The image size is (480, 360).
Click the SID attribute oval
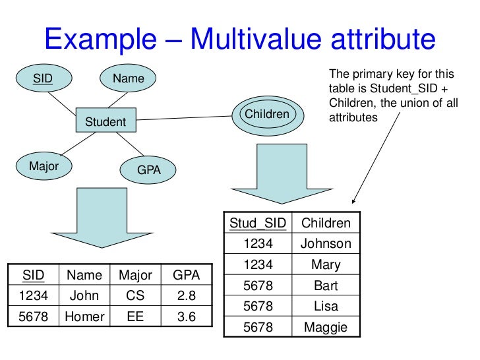coord(44,80)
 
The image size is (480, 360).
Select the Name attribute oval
coord(128,79)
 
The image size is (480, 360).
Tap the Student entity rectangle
coord(105,121)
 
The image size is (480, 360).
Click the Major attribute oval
coord(44,166)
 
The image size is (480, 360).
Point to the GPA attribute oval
coord(148,170)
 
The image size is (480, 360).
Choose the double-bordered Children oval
coord(267,115)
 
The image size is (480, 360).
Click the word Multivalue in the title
coord(264,40)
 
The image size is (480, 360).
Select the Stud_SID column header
coord(258,223)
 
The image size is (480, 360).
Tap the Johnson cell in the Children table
coord(326,244)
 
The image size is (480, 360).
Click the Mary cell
coord(326,265)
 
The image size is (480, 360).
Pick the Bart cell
coord(326,285)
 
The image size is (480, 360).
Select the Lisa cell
coord(326,307)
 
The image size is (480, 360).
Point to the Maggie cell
coord(326,327)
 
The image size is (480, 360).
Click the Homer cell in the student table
coord(84,316)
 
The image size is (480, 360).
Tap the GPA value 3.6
coord(187,316)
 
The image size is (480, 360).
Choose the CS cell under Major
coord(135,295)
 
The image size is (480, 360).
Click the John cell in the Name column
coord(84,295)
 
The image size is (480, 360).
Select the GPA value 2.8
coord(187,295)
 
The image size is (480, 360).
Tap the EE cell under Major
coord(135,316)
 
